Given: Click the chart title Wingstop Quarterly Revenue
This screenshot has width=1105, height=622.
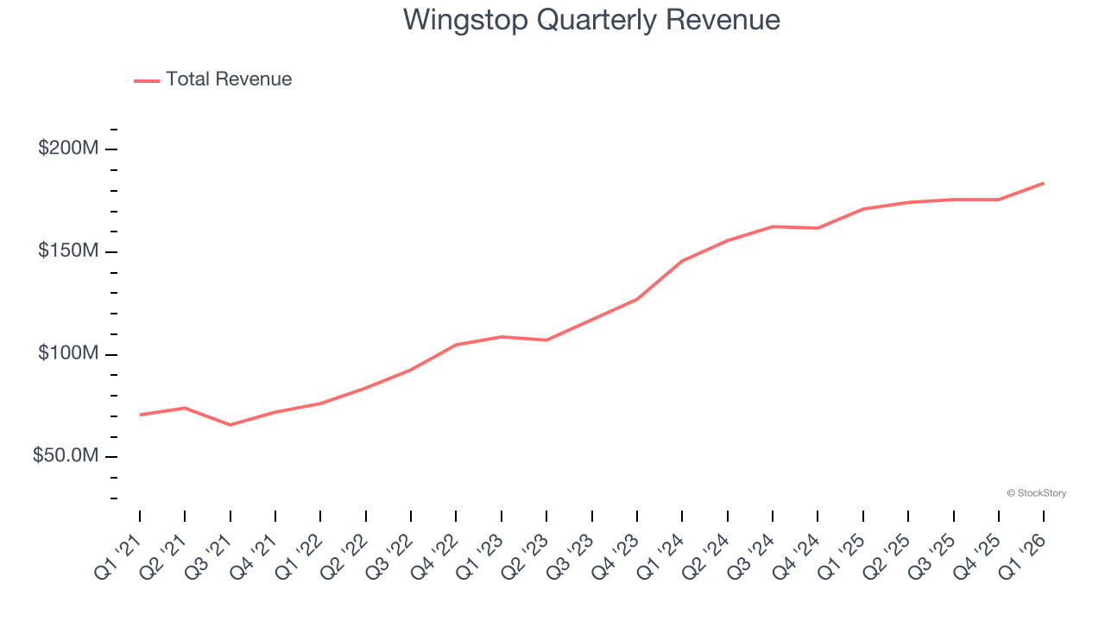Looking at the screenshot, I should [591, 20].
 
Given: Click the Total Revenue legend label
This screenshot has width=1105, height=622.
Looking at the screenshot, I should [229, 79].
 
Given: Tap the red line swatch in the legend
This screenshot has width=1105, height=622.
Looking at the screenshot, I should [147, 80].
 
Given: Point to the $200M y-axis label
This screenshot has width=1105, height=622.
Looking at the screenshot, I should [68, 149].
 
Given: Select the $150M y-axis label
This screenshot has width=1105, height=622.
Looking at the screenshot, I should [68, 251].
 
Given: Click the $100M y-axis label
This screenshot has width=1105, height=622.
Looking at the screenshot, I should [68, 354].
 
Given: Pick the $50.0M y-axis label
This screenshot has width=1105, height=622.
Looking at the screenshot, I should [66, 456].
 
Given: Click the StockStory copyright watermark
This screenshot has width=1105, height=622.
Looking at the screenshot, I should [1036, 493].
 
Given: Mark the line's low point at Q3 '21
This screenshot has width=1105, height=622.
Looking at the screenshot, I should [230, 425].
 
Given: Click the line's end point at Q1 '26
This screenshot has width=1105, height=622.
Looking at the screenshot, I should [1044, 183].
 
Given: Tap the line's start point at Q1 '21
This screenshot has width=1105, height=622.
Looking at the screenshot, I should [140, 415].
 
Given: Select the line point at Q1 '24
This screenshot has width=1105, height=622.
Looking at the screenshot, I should [682, 261].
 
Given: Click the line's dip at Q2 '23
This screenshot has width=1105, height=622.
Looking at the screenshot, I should [546, 340].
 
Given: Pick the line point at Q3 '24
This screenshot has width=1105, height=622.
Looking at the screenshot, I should [773, 226].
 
